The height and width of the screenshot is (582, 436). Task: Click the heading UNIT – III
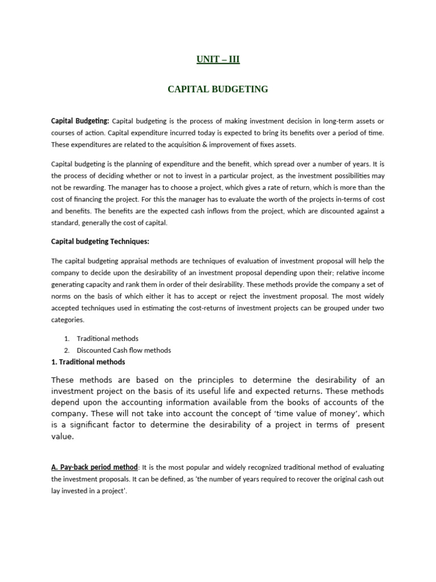(x=218, y=59)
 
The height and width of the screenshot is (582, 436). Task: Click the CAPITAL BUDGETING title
(x=218, y=89)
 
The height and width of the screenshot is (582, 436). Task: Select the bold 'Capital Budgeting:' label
(x=80, y=120)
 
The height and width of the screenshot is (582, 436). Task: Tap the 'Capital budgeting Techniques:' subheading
(x=100, y=242)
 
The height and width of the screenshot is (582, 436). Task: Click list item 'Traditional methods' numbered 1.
(x=107, y=339)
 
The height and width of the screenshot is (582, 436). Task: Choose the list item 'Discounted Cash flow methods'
(x=124, y=350)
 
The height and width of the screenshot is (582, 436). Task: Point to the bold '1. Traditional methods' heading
(x=88, y=361)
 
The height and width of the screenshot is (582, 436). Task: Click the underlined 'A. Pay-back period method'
(x=95, y=467)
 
